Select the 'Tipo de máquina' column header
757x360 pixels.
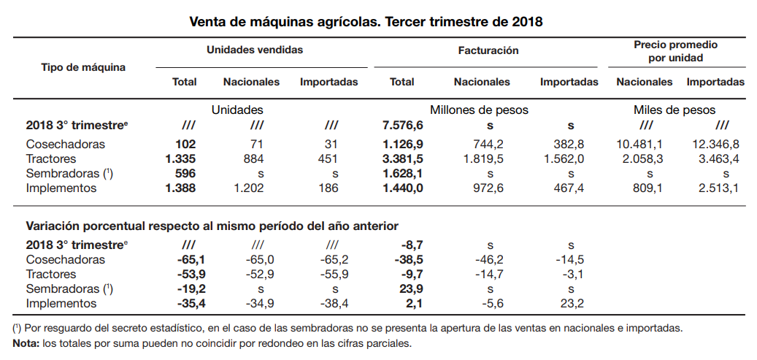(83, 67)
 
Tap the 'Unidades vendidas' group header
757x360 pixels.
(255, 50)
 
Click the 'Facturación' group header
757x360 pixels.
(488, 50)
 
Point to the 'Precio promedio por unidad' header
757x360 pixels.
(675, 51)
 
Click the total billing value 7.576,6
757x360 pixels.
(398, 126)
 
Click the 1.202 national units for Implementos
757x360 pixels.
(252, 188)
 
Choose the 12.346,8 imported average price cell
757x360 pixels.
(715, 145)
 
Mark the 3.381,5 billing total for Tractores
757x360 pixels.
(398, 159)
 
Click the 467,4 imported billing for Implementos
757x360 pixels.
(570, 188)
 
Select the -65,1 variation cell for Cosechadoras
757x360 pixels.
(189, 260)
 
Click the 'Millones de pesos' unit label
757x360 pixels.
(479, 110)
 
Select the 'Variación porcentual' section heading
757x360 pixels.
(212, 226)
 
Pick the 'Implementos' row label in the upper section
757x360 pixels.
(61, 188)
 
